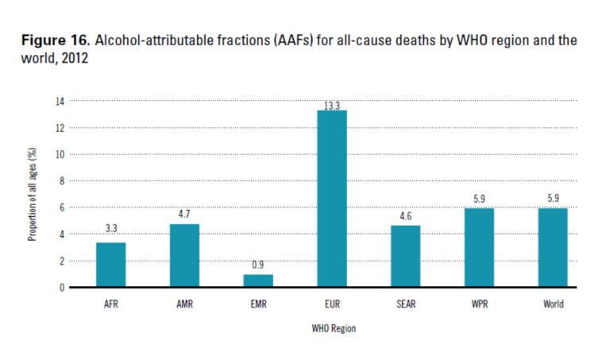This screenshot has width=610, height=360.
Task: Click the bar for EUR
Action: point(332,199)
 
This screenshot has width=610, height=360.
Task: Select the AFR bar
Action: point(110,265)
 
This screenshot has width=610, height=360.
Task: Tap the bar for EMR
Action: point(258,281)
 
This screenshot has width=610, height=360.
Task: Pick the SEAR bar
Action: point(406,256)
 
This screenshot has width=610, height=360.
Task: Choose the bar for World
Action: point(554,247)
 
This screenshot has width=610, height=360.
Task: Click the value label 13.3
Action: point(332,104)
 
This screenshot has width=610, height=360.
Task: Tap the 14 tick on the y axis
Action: point(59,101)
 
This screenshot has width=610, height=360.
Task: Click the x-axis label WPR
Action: point(480,304)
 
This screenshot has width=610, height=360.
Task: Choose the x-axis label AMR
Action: point(184,304)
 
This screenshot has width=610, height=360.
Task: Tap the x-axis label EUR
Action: point(332,304)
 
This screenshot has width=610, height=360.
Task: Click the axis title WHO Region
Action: point(332,329)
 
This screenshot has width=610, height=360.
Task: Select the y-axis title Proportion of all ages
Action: point(33,195)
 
